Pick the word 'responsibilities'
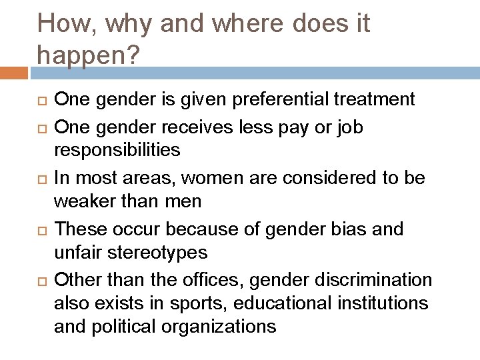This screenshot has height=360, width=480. [117, 150]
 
